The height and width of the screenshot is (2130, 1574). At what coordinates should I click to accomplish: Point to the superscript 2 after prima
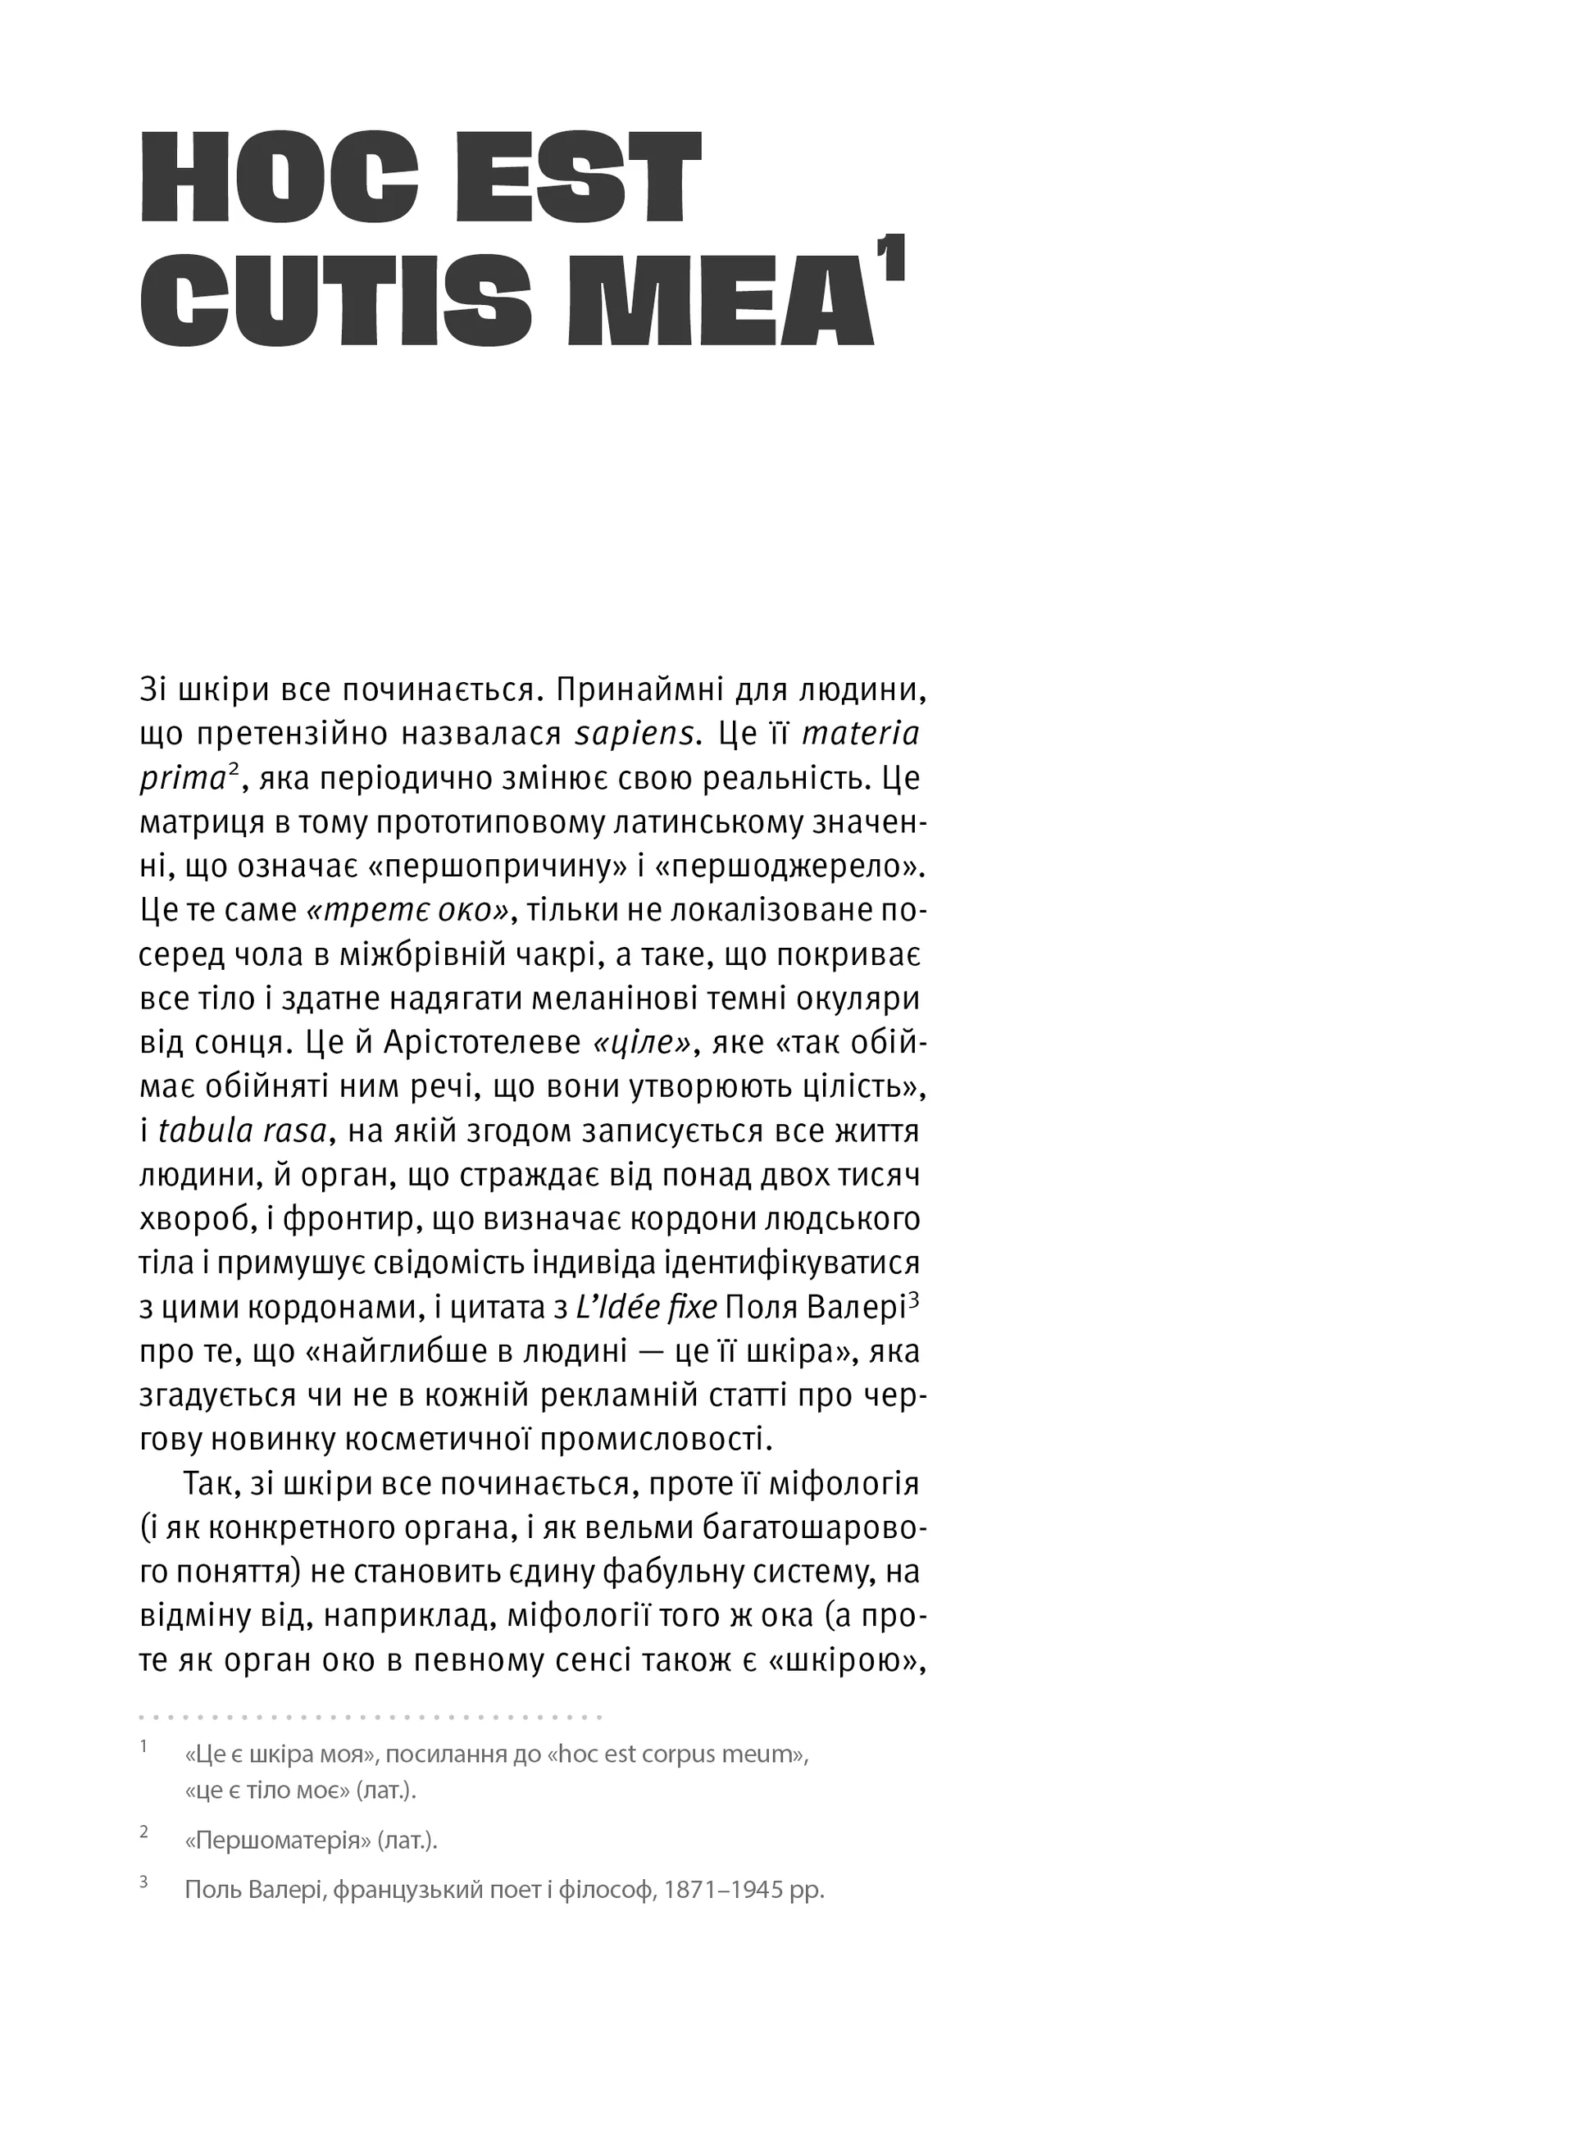point(233,771)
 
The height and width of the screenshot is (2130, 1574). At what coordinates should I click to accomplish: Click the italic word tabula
point(203,1131)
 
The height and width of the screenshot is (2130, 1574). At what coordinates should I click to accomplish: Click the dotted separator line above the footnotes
point(371,1718)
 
